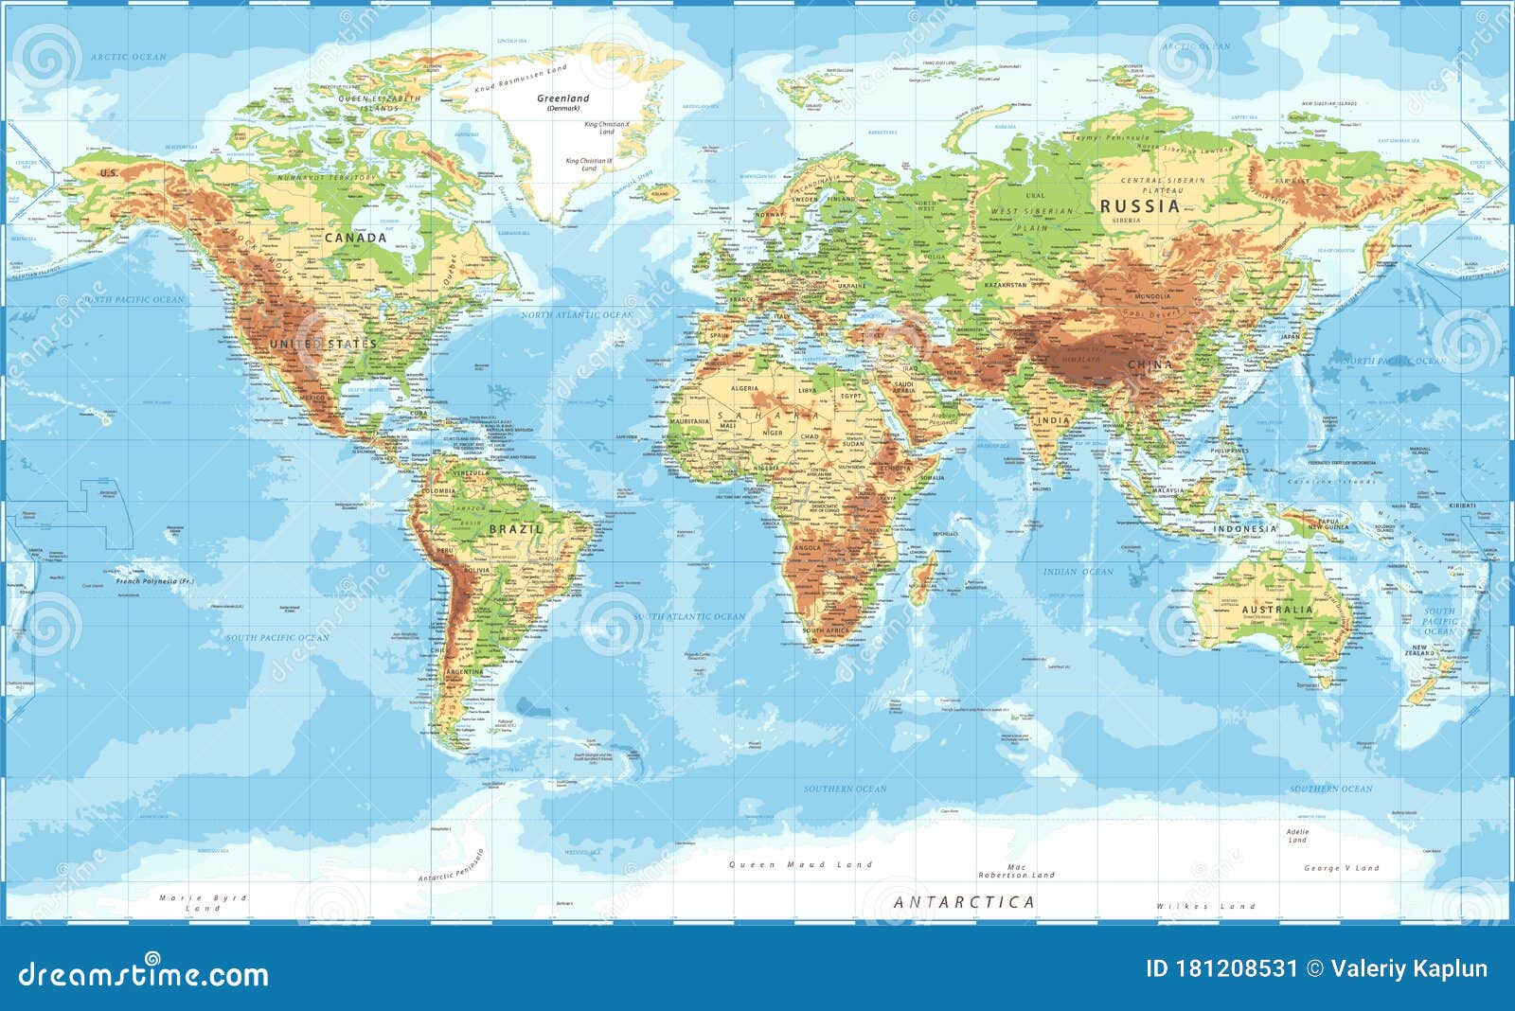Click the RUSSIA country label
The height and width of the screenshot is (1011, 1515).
(1140, 205)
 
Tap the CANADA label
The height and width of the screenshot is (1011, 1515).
(355, 238)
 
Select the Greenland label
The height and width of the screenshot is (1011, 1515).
(562, 98)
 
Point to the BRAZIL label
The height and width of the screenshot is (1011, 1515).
(515, 529)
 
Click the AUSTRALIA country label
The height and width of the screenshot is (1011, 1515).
(1277, 611)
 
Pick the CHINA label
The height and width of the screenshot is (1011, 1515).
(1150, 364)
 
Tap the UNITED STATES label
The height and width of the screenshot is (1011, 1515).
(323, 344)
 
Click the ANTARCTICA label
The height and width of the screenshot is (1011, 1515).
(964, 902)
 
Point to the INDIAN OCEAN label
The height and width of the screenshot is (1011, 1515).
(1078, 572)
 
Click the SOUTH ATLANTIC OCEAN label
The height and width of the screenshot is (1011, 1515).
(688, 616)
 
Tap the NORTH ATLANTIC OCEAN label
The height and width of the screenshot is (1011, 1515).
(577, 314)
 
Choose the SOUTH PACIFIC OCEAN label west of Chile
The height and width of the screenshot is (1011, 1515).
(277, 638)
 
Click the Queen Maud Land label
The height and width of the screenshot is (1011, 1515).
(800, 864)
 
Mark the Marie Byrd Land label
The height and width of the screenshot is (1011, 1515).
(203, 902)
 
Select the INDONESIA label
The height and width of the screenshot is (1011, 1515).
(1245, 529)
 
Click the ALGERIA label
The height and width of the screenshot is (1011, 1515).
(744, 388)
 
